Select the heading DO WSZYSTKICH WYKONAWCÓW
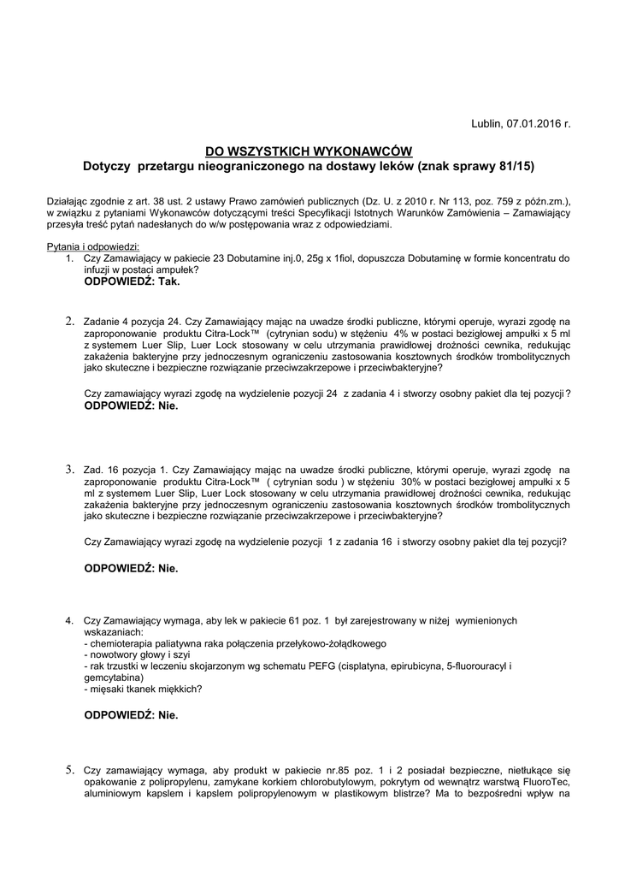point(309,150)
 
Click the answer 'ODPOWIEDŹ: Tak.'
point(133,280)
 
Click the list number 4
point(69,619)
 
